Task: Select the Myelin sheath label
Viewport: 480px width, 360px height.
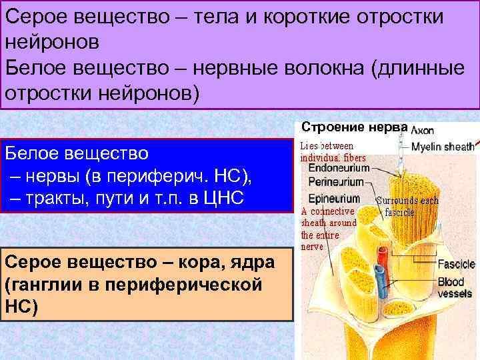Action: [x=442, y=147]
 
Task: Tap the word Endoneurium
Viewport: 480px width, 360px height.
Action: [x=338, y=169]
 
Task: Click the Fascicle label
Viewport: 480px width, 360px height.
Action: [x=456, y=265]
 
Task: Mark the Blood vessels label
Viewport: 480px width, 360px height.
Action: [x=455, y=288]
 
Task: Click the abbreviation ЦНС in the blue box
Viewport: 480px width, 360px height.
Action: [x=231, y=198]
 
